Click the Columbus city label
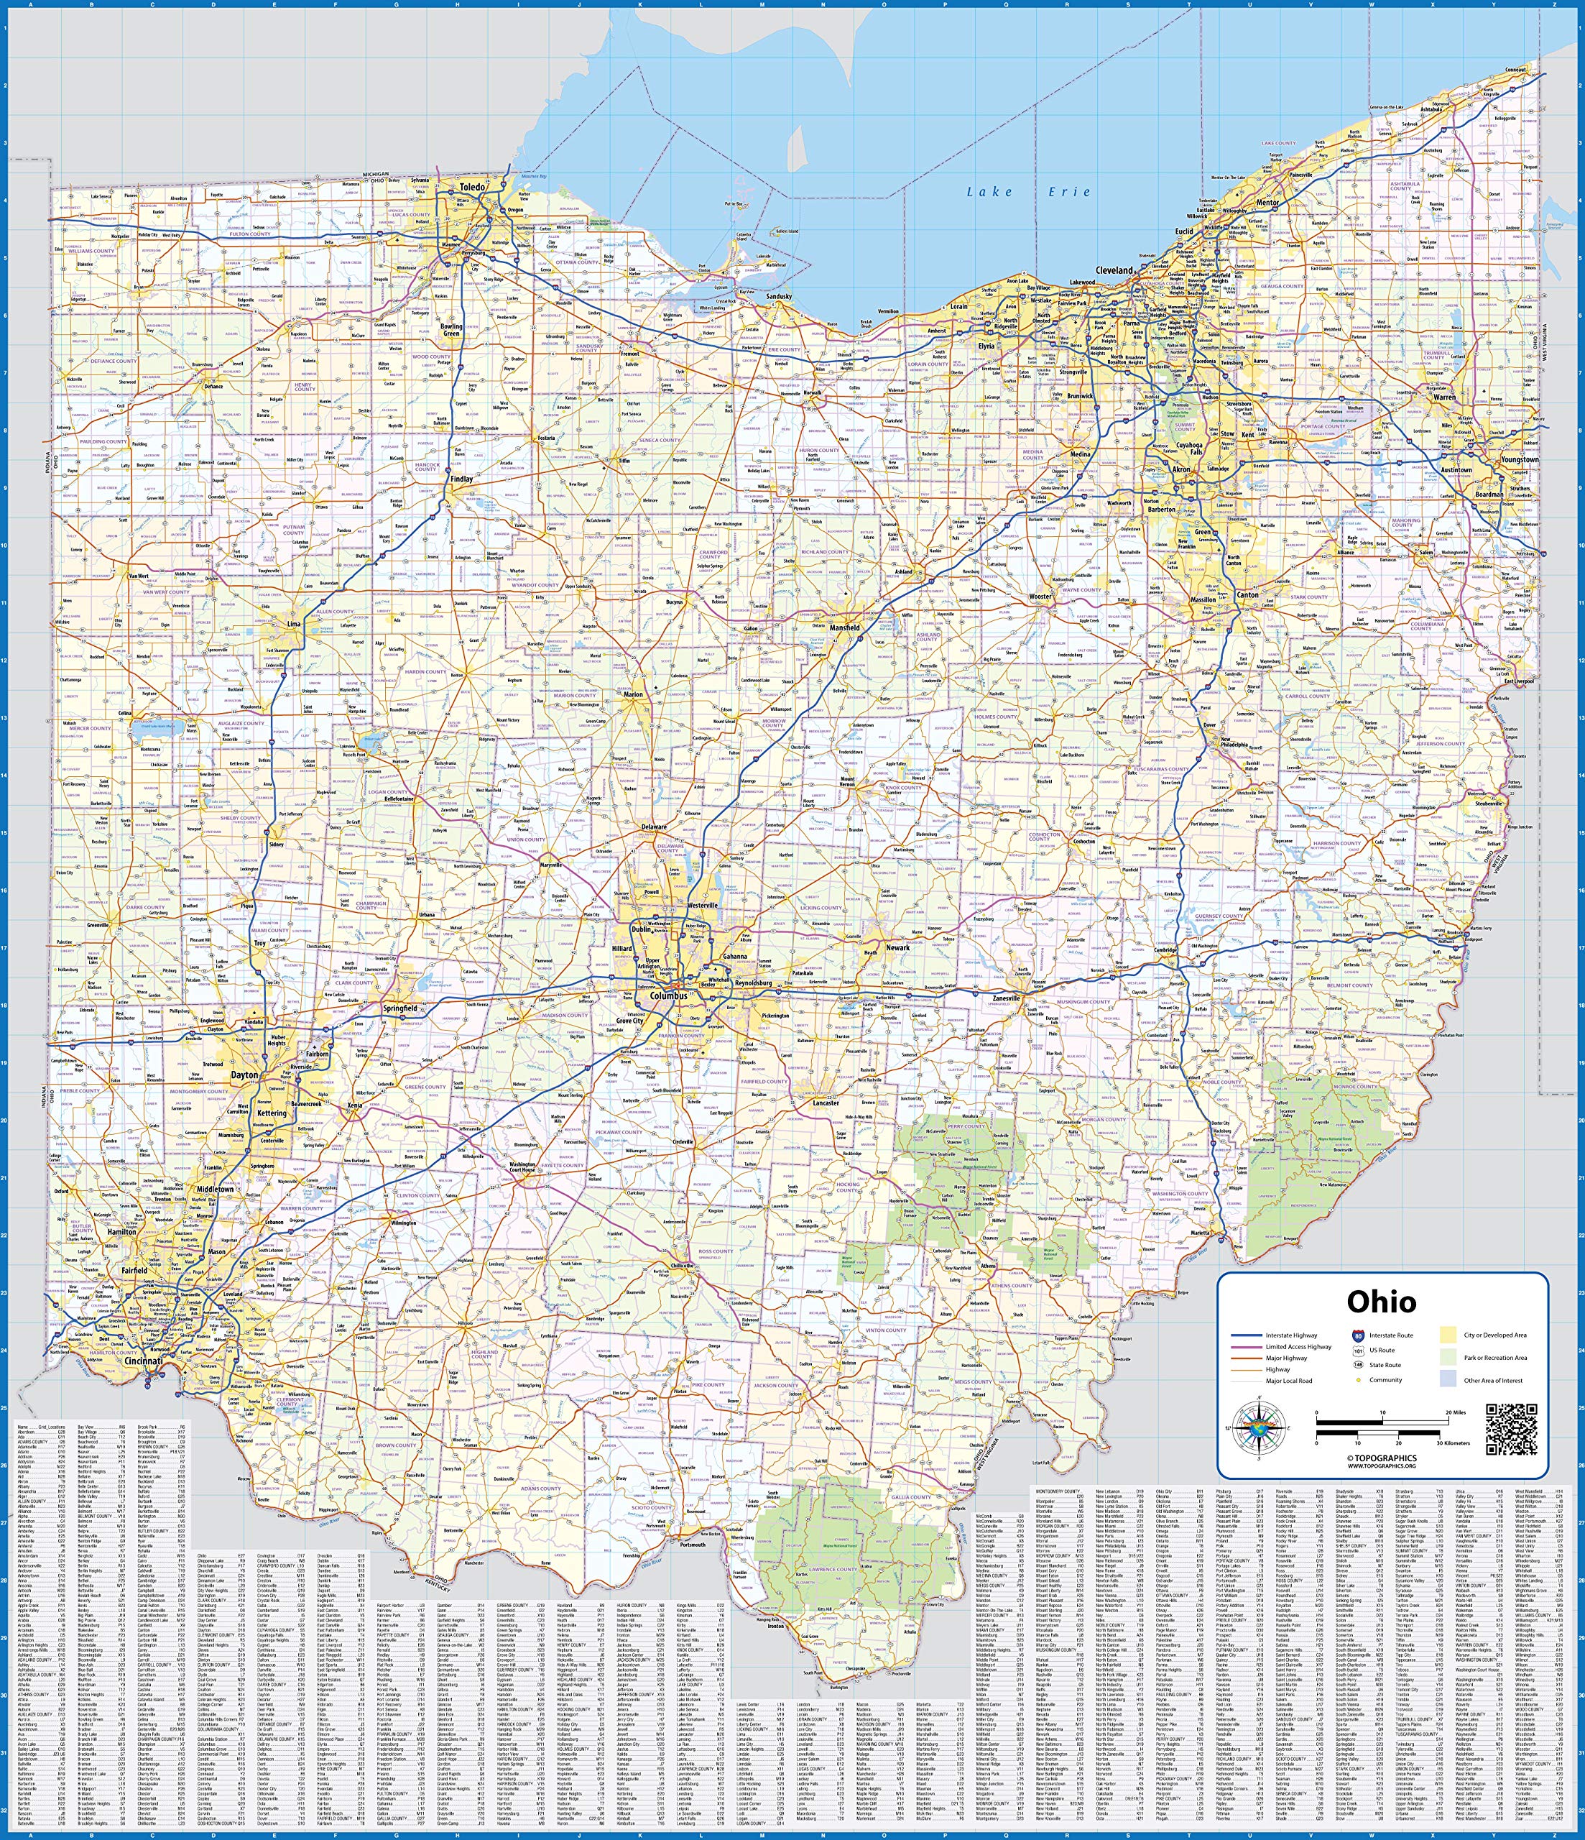click(x=667, y=996)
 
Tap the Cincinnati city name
click(x=143, y=1361)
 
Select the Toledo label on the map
click(x=472, y=188)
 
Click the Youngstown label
click(x=1520, y=460)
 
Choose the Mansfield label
click(x=844, y=628)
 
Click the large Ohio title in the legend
click(x=1381, y=1302)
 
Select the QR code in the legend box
click(x=1510, y=1430)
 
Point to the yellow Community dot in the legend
click(x=1359, y=1380)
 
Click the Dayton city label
click(x=244, y=1075)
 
